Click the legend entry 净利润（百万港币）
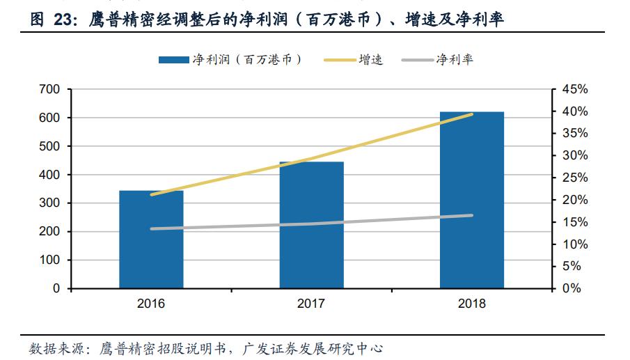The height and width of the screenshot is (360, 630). [230, 60]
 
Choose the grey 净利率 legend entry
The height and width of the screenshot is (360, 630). [438, 60]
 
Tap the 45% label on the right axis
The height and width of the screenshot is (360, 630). [575, 90]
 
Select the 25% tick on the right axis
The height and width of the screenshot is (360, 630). [575, 178]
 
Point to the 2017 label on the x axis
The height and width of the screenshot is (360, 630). [311, 304]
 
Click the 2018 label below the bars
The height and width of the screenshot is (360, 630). [472, 304]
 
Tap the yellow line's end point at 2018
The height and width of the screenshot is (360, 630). [472, 114]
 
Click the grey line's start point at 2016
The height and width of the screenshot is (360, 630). [151, 228]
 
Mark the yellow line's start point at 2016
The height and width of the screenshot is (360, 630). [151, 195]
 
